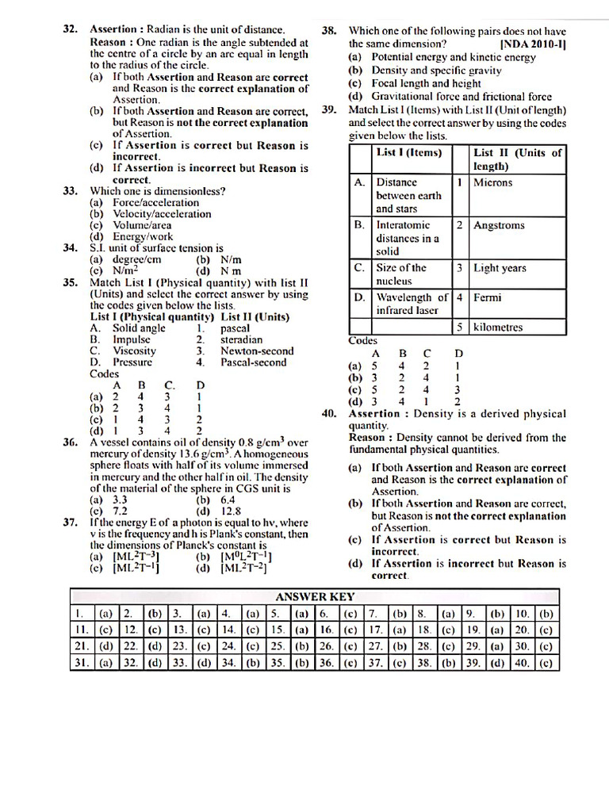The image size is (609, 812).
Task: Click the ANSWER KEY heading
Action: [x=315, y=596]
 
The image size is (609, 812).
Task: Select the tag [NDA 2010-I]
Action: [x=534, y=44]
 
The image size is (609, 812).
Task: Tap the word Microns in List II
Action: [x=493, y=182]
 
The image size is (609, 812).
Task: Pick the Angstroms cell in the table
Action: [x=499, y=225]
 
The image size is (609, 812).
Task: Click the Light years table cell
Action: [x=500, y=268]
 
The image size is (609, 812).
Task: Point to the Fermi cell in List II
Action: [x=488, y=298]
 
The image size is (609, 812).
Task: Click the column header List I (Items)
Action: [x=409, y=153]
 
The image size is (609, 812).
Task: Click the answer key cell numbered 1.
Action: [x=79, y=614]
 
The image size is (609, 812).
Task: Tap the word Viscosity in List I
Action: [x=134, y=350]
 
